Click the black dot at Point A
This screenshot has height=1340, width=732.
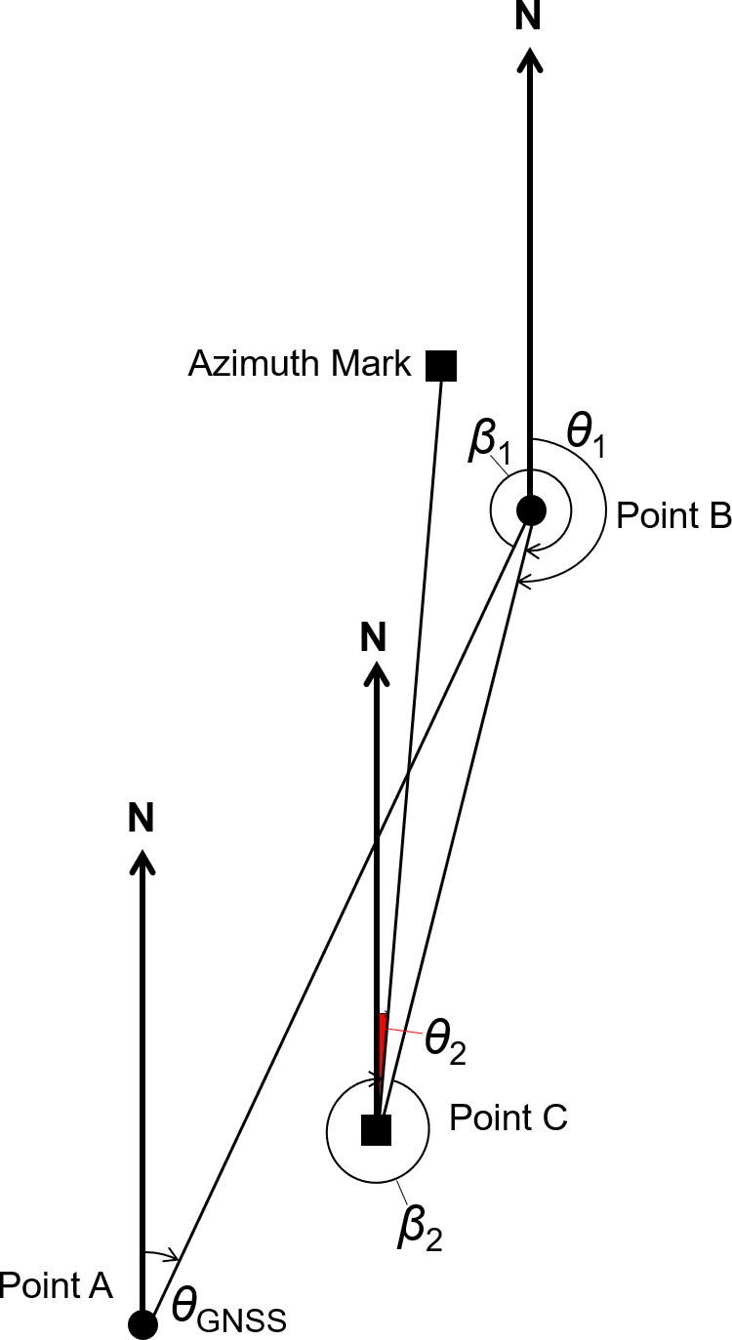143,1324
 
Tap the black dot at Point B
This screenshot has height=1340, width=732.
531,508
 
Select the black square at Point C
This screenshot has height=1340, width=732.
376,1129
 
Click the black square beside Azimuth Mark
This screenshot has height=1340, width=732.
441,365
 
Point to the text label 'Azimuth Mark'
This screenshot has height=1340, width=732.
300,364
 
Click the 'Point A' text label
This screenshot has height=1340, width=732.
56,1285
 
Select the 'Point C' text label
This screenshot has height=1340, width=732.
508,1117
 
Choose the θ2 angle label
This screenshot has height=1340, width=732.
444,1045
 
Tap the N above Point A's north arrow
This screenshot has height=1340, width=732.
142,818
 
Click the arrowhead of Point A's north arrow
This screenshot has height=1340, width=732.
143,859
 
